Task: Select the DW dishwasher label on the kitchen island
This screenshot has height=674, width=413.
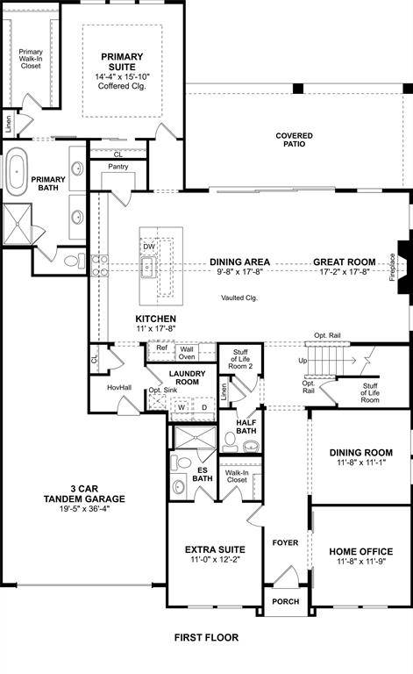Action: [149, 247]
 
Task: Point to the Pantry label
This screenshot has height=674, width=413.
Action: [118, 166]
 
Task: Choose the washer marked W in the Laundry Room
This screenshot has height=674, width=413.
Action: [182, 407]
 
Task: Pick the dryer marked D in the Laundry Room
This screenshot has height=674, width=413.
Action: [203, 407]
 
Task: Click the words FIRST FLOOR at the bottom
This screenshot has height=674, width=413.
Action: [206, 638]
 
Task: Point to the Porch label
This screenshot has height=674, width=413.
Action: [286, 601]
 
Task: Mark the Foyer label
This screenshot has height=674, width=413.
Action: [285, 542]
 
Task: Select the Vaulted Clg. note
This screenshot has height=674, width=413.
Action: [239, 298]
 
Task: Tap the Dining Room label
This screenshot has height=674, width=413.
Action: [360, 453]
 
